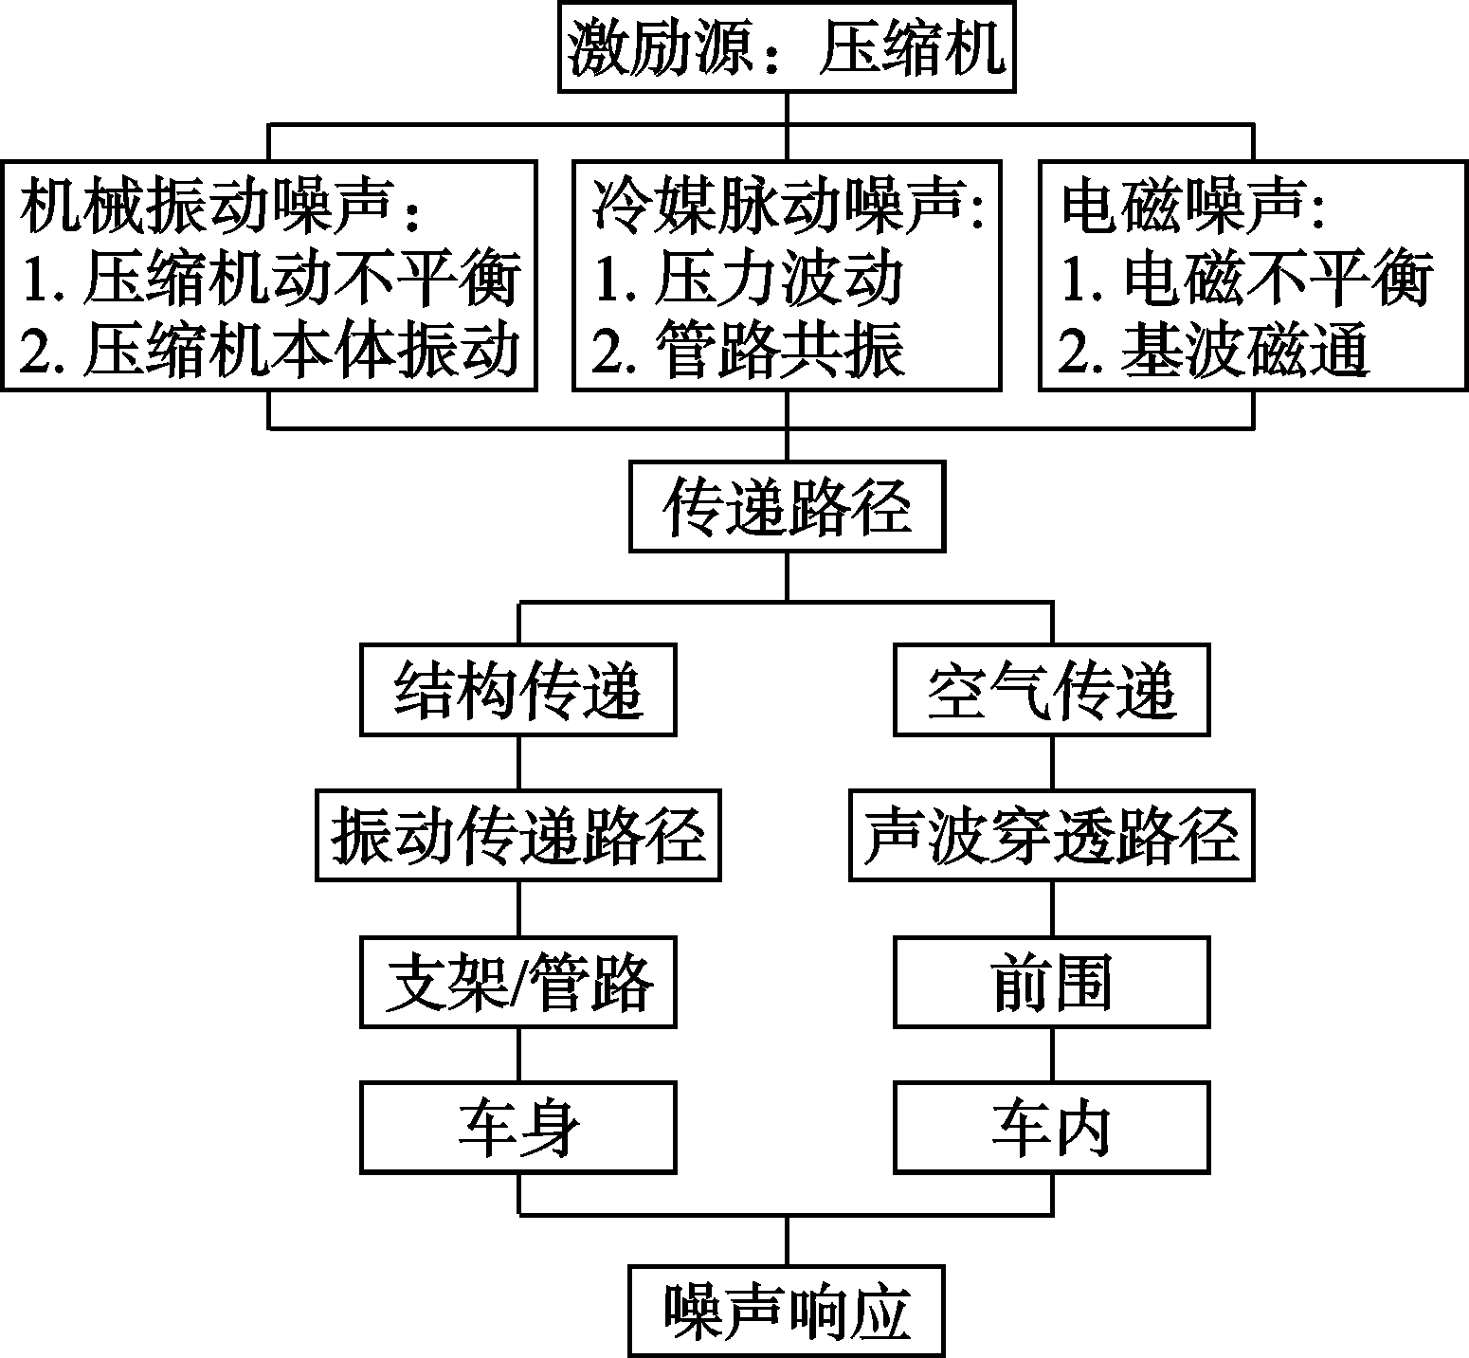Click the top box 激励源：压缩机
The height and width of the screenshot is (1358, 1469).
(x=787, y=46)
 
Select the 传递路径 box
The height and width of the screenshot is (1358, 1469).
(x=787, y=507)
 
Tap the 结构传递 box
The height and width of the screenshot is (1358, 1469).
(x=517, y=690)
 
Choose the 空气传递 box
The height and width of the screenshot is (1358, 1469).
(x=1052, y=690)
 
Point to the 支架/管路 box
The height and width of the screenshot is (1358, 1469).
(x=517, y=982)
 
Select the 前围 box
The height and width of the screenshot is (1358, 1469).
(x=1052, y=982)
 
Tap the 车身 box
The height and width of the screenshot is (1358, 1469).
(x=517, y=1128)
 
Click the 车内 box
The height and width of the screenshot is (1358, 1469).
(x=1052, y=1128)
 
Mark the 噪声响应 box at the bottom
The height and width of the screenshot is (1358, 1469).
(x=787, y=1312)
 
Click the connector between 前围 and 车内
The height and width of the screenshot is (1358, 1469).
(x=1052, y=1055)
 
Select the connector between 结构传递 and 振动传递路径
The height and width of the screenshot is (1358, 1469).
(x=517, y=763)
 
